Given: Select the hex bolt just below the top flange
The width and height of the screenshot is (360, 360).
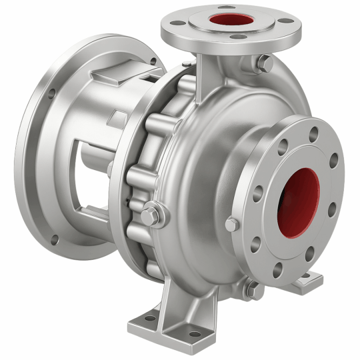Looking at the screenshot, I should point(265,63).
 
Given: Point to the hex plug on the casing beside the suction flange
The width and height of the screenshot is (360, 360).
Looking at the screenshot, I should point(231,225).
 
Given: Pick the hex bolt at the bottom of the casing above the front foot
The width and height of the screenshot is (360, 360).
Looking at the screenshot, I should point(251,288).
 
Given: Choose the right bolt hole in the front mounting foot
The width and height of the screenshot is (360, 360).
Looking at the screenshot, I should point(194,334).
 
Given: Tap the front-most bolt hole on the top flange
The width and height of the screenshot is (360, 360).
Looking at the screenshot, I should point(231,37).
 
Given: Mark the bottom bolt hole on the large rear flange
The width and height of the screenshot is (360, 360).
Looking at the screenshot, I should point(53,241).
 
